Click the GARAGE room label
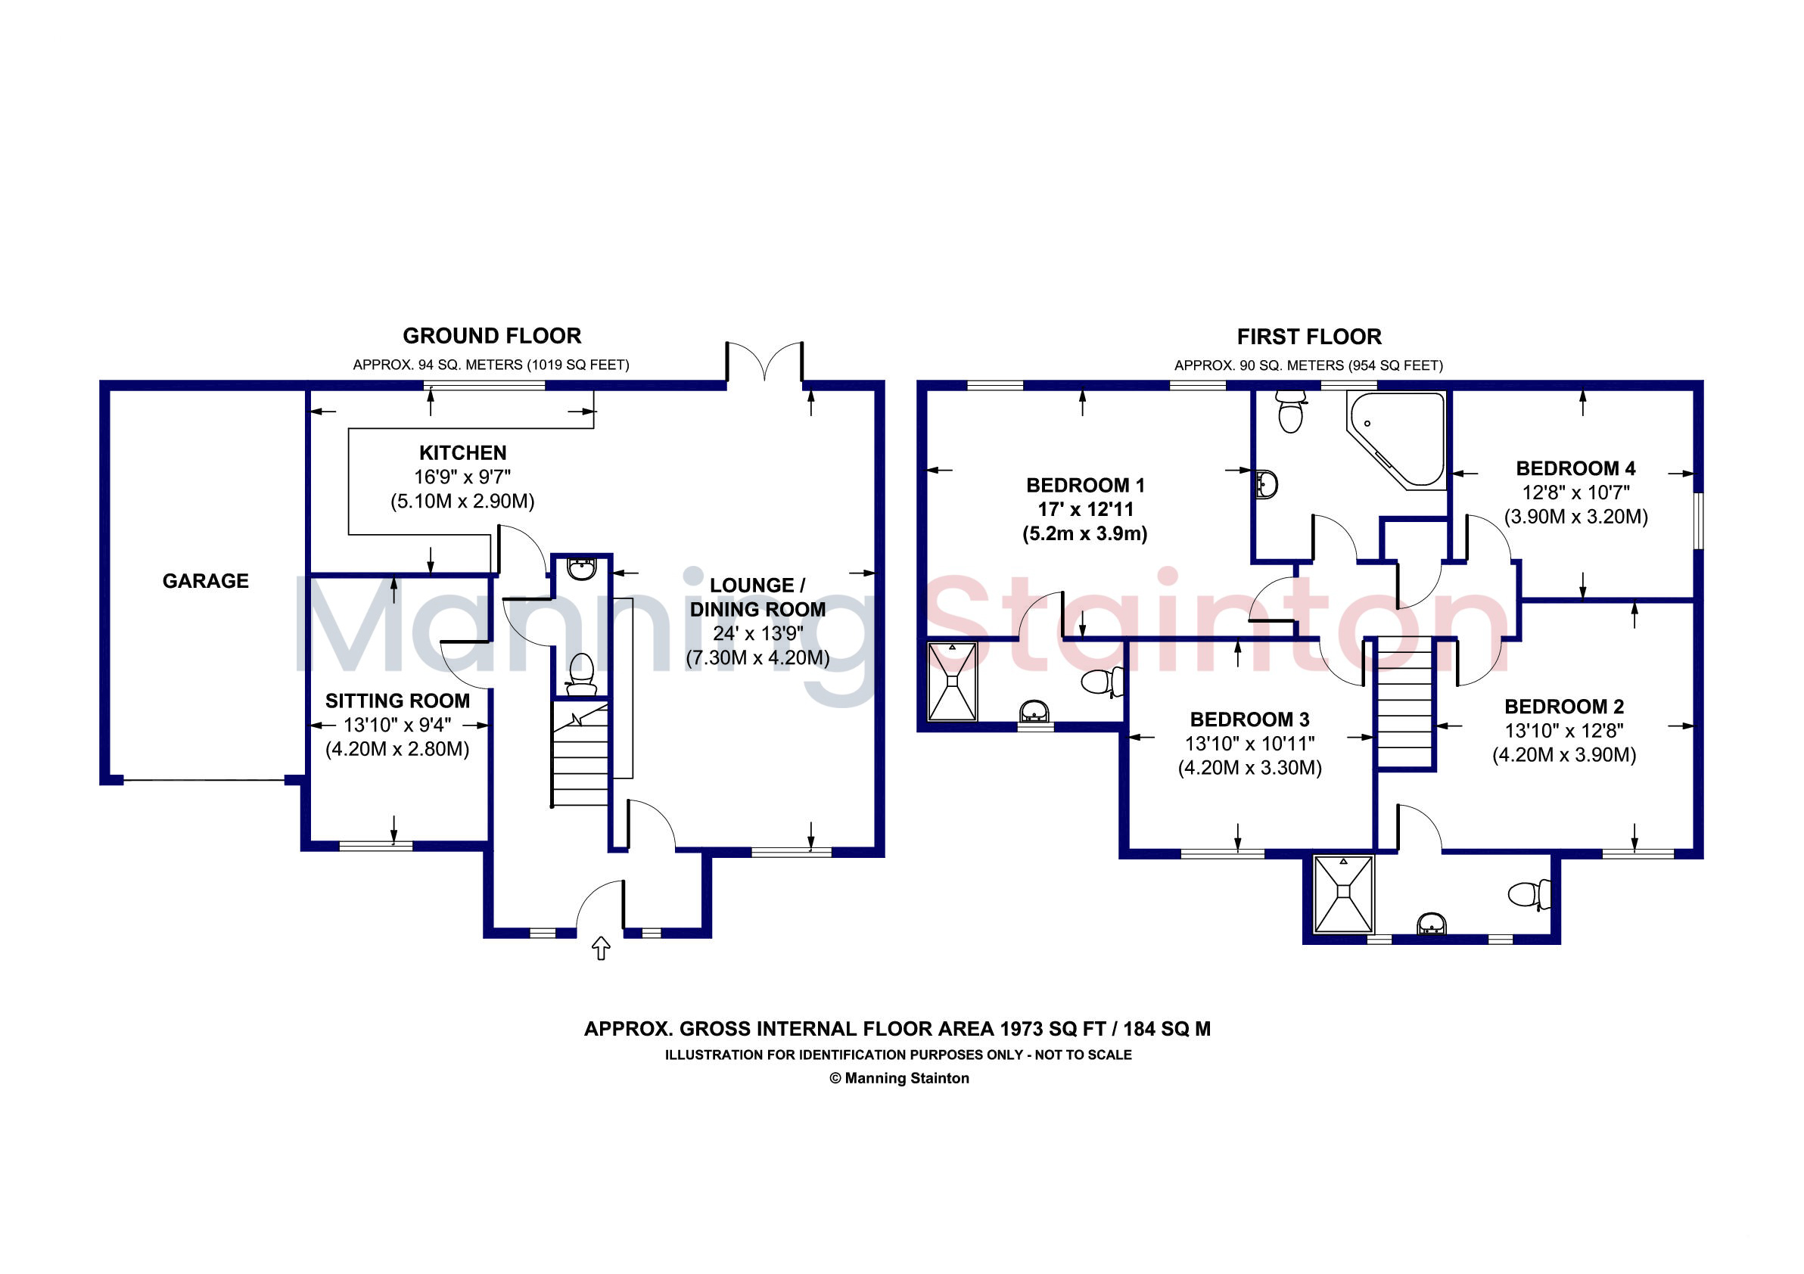(205, 580)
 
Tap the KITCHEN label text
(463, 452)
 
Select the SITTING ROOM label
(397, 701)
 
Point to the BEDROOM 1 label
(1085, 485)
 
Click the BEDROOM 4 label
(1575, 468)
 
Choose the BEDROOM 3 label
(1249, 719)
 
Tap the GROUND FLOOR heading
(492, 336)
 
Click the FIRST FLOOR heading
(1309, 337)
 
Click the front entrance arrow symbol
(601, 948)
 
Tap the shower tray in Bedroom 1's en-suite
(952, 681)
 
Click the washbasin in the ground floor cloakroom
(581, 569)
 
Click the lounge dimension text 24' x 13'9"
(757, 633)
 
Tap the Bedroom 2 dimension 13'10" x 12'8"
(1563, 731)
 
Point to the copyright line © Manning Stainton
(899, 1078)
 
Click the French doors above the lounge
(764, 360)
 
